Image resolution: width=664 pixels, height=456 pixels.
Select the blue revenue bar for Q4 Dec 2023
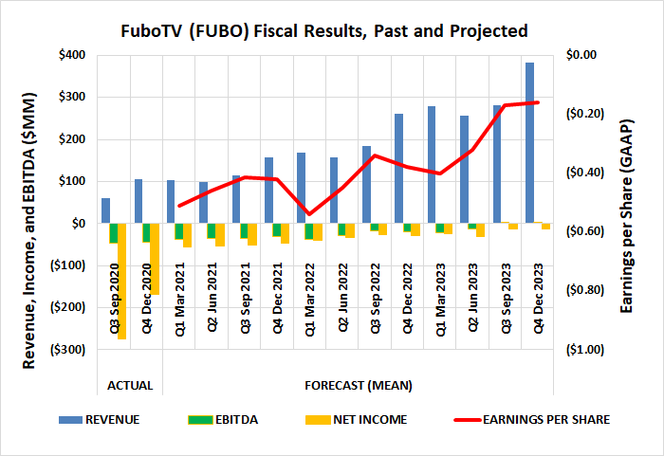coord(529,142)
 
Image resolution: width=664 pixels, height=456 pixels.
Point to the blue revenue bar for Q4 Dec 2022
coord(398,168)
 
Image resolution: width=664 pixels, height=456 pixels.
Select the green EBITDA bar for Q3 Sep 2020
coord(114,233)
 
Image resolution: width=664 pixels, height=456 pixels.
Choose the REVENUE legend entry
coord(113,419)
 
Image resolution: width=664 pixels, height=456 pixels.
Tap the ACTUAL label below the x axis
coord(130,386)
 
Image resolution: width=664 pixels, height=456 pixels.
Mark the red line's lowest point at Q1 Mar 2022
coord(309,214)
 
